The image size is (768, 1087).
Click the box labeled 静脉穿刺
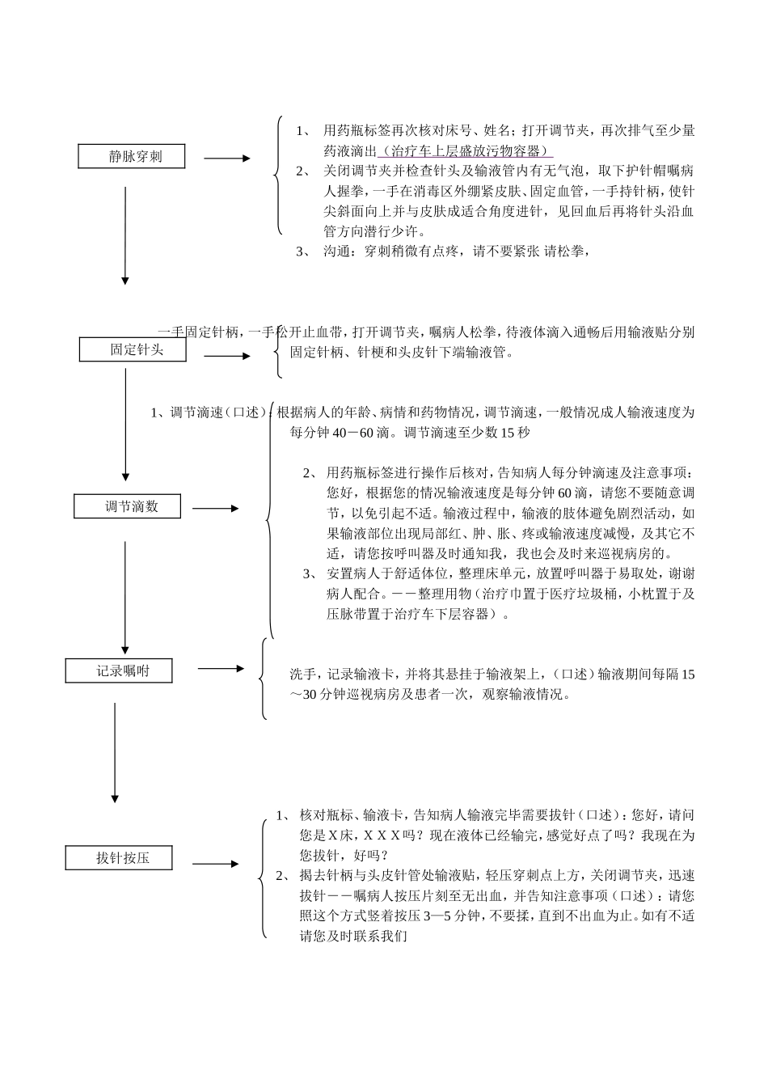click(131, 157)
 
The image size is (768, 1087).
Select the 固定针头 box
click(133, 349)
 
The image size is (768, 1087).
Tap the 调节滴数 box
click(127, 506)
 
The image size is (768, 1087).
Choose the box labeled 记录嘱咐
click(118, 670)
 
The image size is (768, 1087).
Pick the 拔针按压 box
click(119, 858)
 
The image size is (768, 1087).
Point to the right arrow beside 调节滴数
click(215, 509)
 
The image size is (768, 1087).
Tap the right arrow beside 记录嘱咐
click(221, 669)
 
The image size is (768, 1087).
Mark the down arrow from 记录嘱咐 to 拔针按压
click(115, 752)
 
